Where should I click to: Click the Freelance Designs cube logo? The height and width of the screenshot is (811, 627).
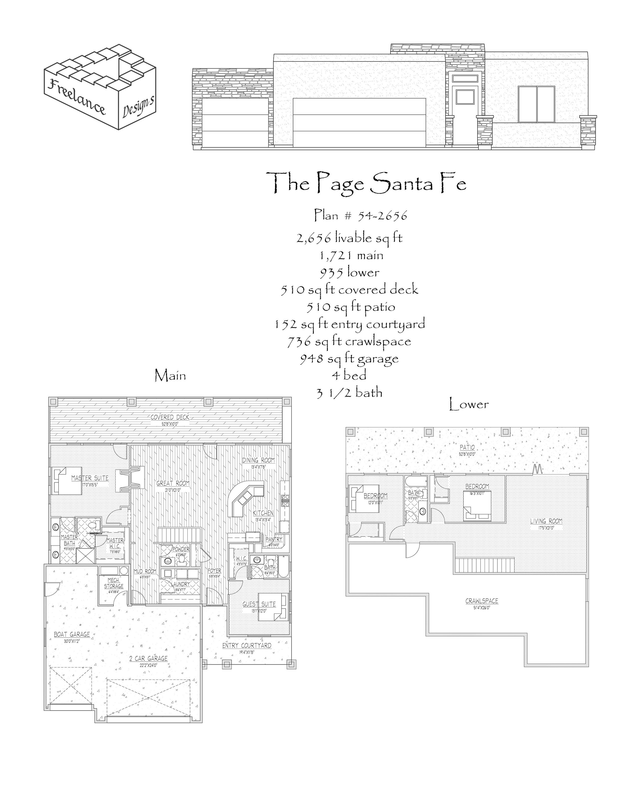(x=100, y=87)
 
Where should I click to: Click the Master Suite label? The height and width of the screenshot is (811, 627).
(x=90, y=478)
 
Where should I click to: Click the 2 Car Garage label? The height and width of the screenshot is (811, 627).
(x=148, y=658)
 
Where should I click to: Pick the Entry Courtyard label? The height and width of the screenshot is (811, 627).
(x=247, y=645)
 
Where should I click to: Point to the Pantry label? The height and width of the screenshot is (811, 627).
(x=274, y=539)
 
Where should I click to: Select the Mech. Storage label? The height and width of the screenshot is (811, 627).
(x=113, y=583)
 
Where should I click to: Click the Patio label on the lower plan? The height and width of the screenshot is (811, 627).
(x=467, y=447)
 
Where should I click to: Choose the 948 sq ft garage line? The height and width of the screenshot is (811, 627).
(x=349, y=358)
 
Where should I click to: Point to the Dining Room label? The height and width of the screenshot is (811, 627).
(x=259, y=460)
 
